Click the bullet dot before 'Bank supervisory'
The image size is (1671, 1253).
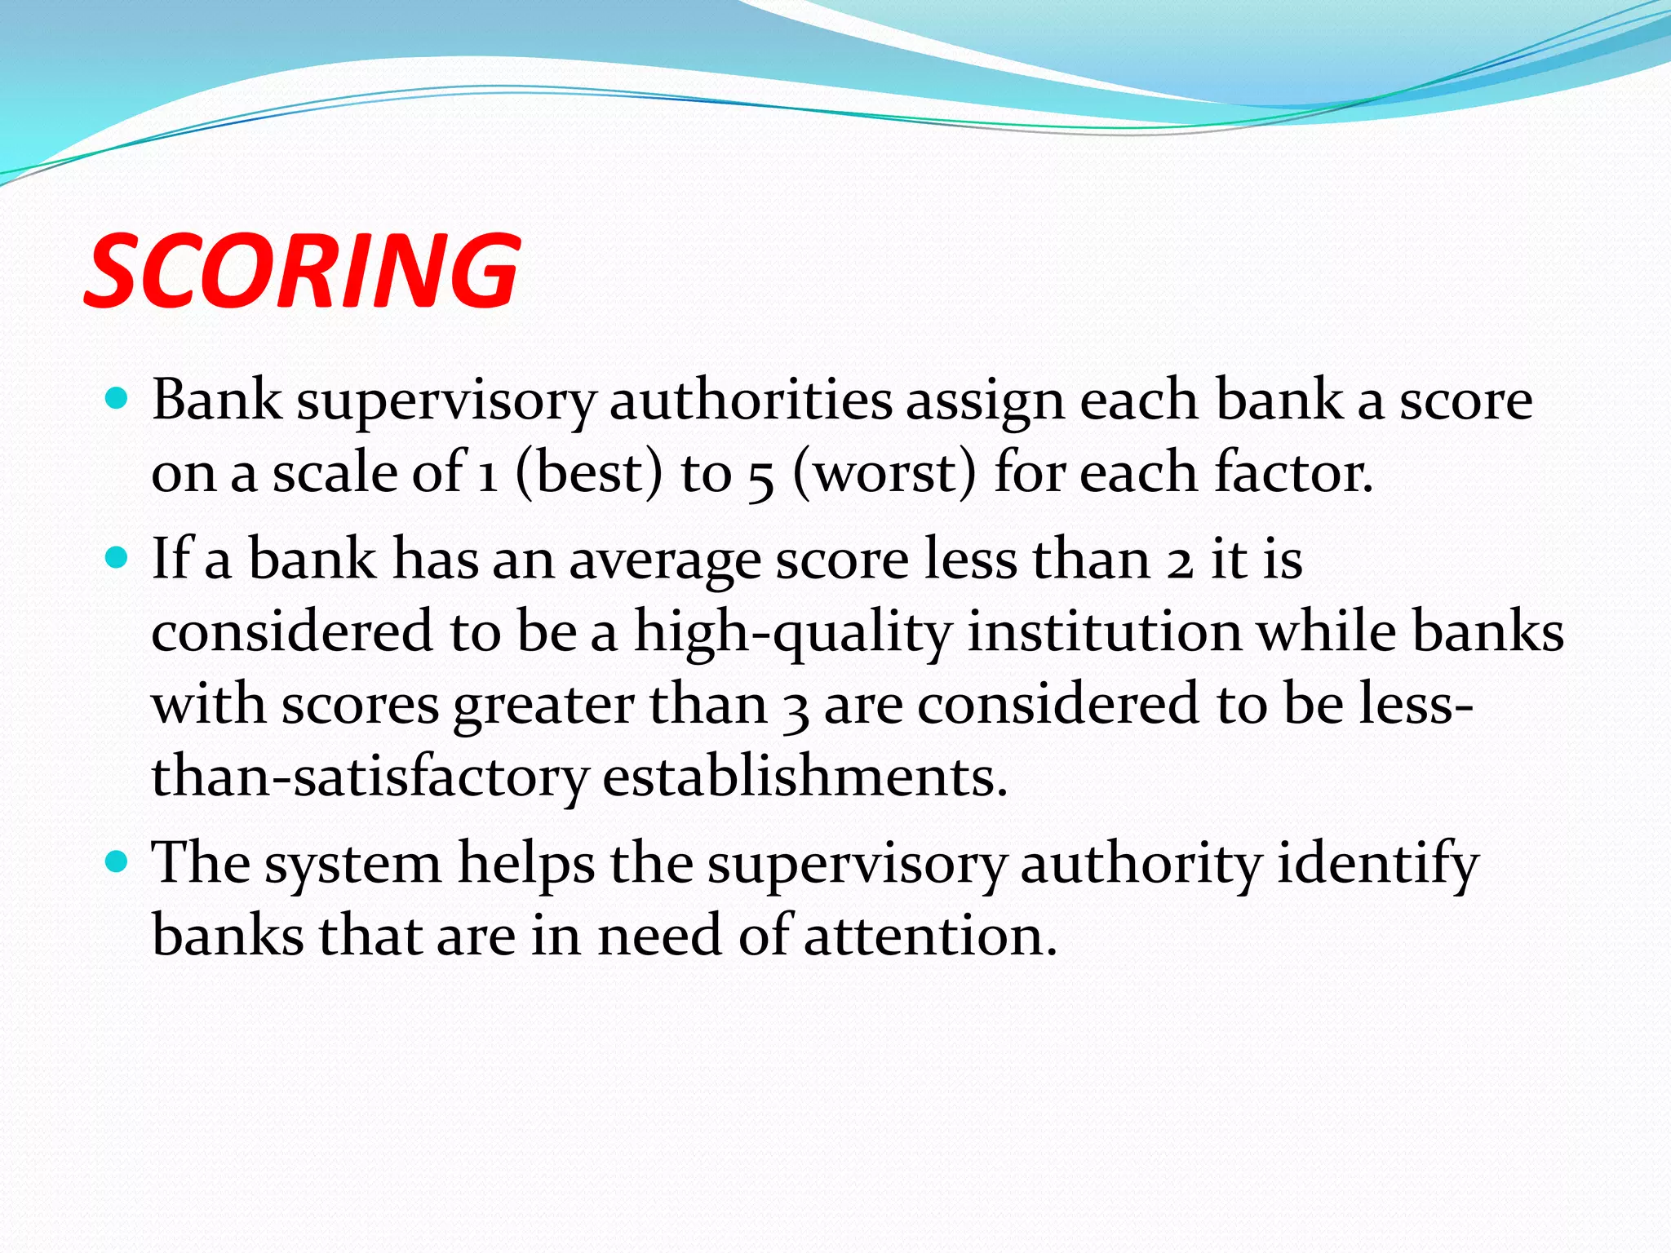click(117, 399)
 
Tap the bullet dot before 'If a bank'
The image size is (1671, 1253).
click(117, 558)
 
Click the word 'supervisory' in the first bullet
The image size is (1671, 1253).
click(445, 401)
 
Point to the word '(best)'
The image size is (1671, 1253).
click(590, 473)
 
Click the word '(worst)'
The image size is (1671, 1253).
click(884, 473)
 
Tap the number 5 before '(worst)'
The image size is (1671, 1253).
click(760, 476)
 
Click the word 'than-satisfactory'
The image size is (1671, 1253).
click(370, 778)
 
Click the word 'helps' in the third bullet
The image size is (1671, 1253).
click(526, 864)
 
